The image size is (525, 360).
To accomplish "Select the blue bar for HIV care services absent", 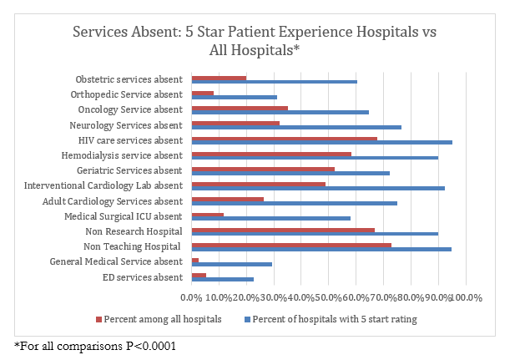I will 321,142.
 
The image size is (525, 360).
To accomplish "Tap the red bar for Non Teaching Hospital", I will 291,245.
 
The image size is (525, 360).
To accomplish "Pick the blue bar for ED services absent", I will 222,279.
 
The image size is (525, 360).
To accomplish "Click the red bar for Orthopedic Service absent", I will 203,93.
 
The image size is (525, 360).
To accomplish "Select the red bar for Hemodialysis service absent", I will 271,154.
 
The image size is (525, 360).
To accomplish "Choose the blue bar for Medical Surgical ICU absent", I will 270,218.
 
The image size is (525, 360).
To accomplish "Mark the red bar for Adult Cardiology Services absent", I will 228,199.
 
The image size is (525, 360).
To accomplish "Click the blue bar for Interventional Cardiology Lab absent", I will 318,188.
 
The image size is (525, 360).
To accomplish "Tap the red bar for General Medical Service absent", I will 195,260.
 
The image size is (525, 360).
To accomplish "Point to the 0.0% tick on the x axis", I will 191,297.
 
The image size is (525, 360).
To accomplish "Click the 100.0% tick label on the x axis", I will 467,297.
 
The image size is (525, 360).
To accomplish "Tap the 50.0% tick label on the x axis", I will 328,297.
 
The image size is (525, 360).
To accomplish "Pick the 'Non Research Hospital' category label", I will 134,231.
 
